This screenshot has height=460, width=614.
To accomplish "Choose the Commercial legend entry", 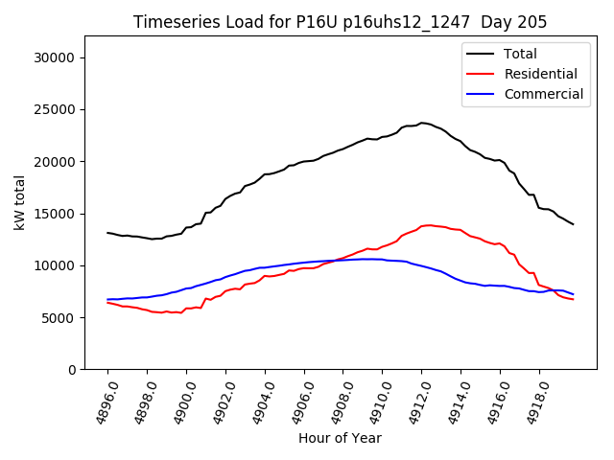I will point(543,94).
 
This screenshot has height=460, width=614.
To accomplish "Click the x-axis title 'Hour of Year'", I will point(340,438).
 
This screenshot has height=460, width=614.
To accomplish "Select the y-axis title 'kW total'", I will point(20,202).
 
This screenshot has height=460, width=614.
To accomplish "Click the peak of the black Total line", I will point(422,123).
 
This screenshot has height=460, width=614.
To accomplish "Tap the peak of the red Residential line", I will point(425,225).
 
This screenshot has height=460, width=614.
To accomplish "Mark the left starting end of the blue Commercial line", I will point(107,299).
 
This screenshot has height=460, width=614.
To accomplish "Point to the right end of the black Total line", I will point(574,224).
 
